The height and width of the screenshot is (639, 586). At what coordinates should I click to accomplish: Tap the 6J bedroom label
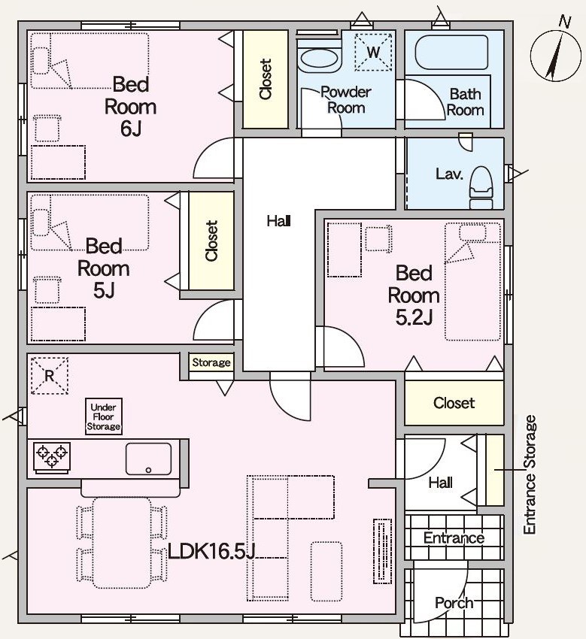(130, 106)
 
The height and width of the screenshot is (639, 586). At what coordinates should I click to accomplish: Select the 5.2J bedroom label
(414, 295)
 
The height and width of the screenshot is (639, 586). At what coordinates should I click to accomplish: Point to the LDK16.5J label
(211, 552)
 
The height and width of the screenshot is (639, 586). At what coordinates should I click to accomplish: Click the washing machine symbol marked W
(374, 52)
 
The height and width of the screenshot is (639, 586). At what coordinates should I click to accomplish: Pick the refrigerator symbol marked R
(50, 376)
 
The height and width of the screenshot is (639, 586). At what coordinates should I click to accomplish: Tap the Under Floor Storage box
(104, 416)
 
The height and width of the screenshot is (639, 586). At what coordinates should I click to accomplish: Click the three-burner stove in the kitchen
(52, 457)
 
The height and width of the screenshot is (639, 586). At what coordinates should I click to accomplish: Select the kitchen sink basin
(148, 459)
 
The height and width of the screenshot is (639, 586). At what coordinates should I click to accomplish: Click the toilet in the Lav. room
(481, 187)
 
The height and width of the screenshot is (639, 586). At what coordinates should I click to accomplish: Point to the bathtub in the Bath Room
(451, 52)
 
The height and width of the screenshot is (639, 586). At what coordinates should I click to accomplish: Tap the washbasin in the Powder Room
(319, 59)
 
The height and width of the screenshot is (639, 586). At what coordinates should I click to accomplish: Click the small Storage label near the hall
(211, 362)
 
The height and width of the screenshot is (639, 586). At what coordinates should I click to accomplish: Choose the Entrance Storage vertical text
(530, 475)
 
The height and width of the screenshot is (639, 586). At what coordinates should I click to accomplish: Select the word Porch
(454, 603)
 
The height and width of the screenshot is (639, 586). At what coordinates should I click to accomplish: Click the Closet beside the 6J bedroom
(266, 79)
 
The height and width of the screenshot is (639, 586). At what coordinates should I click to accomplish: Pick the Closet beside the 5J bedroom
(211, 241)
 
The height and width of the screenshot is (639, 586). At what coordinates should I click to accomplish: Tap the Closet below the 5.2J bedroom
(454, 403)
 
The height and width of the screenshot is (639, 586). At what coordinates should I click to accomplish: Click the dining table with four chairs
(122, 543)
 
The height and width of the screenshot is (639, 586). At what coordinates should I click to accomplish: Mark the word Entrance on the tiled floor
(454, 538)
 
